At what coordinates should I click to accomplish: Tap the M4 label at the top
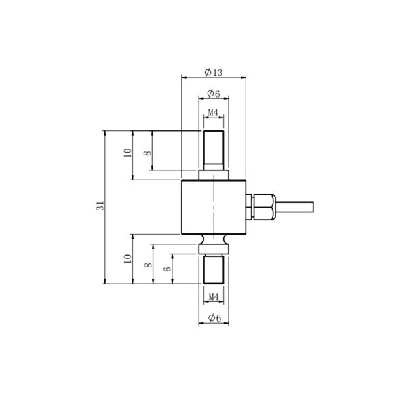coord(212,112)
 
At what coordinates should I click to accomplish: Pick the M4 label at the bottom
coord(213,296)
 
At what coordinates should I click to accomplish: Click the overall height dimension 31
coord(99,207)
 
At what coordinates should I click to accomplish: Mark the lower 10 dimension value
coord(126,259)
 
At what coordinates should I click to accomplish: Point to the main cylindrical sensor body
coord(213,207)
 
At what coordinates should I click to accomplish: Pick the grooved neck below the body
coord(213,241)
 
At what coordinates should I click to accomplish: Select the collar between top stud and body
coord(213,176)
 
